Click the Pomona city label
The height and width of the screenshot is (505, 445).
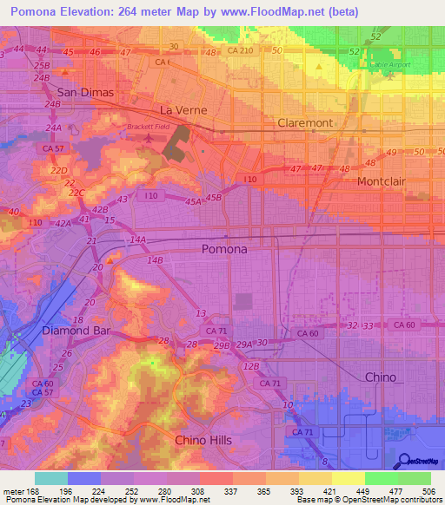pos(223,249)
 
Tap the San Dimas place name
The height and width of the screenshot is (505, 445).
pos(86,92)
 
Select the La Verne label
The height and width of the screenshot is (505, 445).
pos(181,110)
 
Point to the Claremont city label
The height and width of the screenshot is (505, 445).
pos(304,123)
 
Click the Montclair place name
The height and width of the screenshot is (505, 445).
pos(384,182)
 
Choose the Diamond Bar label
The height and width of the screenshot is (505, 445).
pos(76,331)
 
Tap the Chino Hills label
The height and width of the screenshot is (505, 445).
pos(203,440)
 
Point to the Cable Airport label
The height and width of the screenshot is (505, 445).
pos(389,64)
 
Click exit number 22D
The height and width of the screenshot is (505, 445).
pos(59,171)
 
